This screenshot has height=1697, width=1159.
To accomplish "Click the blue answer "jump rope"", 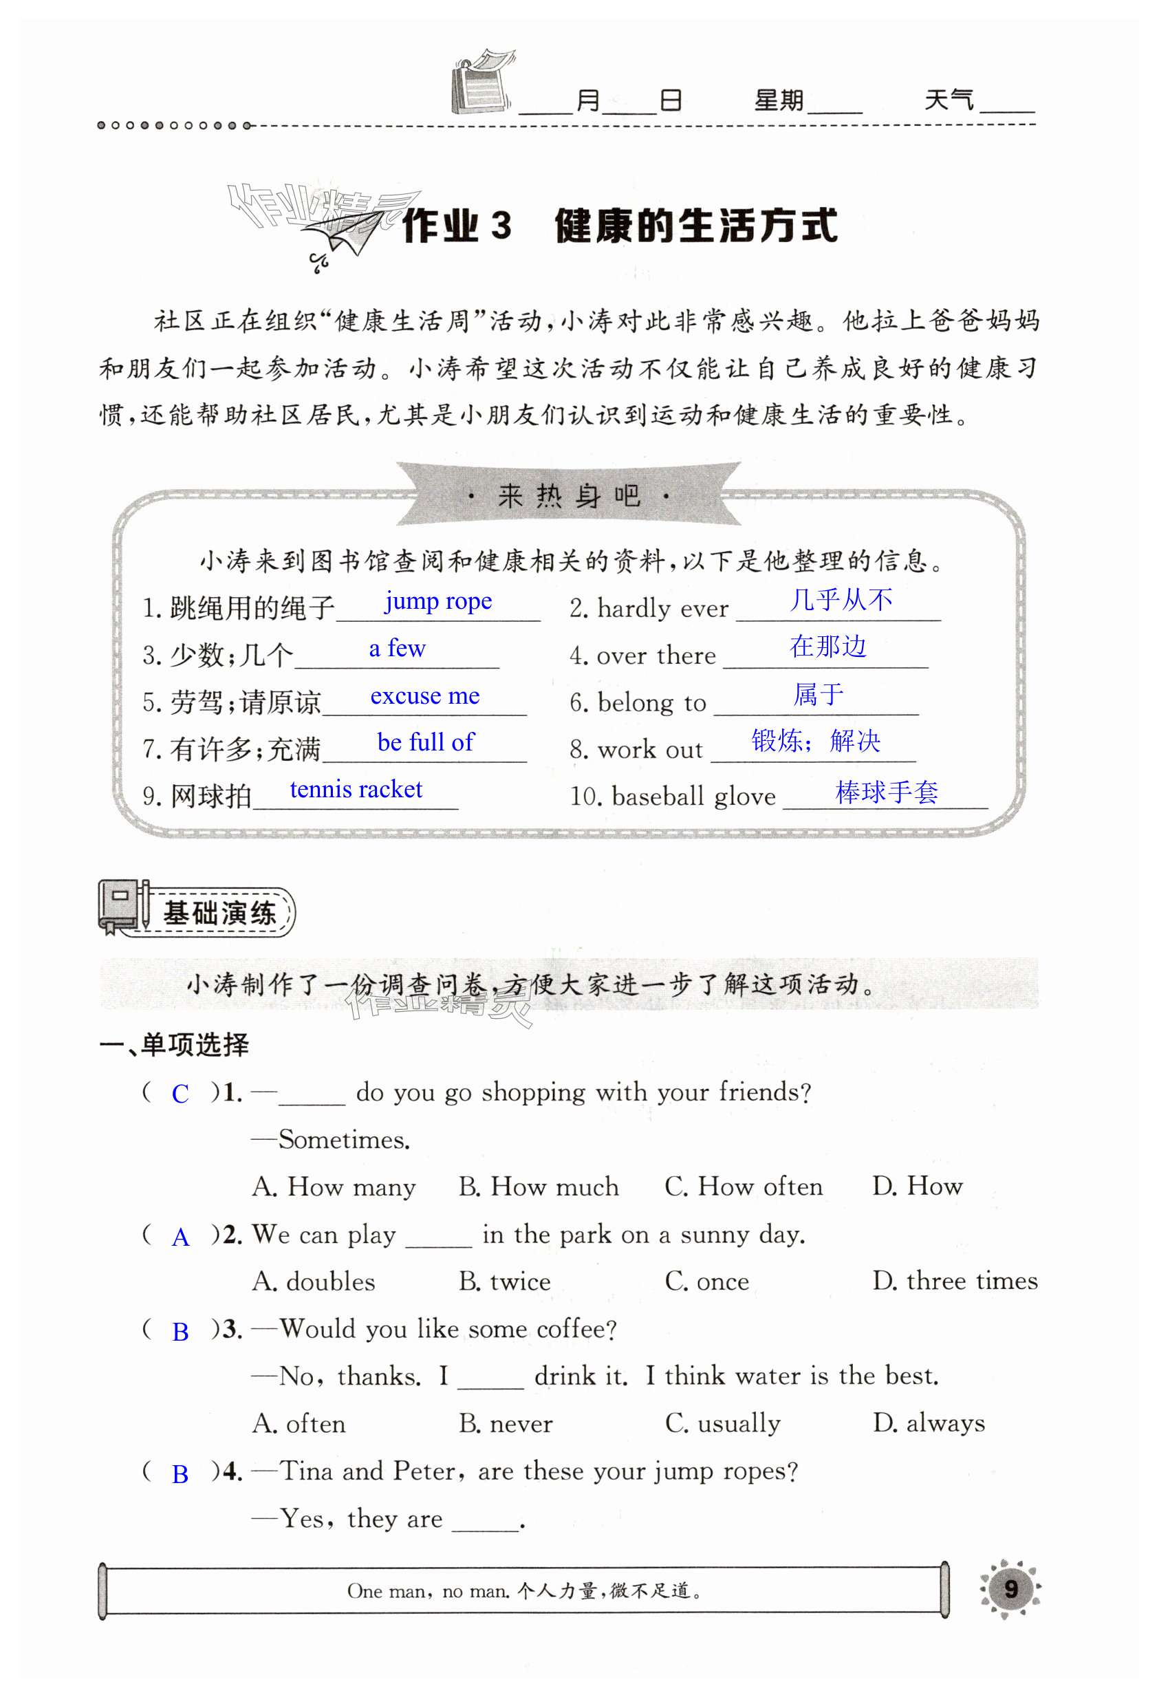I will [438, 601].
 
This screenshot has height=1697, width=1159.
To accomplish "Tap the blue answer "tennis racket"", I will [356, 790].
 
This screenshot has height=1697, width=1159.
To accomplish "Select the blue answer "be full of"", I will [425, 742].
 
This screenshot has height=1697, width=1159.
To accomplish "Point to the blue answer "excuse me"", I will [424, 695].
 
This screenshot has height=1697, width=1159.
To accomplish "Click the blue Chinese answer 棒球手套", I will [886, 792].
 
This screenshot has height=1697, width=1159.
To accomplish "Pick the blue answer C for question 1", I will [180, 1094].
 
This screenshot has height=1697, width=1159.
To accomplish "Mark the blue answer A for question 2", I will [180, 1237].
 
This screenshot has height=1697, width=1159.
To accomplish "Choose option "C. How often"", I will [743, 1187].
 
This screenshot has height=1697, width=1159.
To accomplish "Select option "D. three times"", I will [955, 1281].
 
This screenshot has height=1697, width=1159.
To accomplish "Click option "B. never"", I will [506, 1423].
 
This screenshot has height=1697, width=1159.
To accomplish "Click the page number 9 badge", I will [1010, 1589].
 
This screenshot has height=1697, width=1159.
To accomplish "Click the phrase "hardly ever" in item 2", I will [662, 608].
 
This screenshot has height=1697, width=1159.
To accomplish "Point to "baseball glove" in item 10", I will [693, 796].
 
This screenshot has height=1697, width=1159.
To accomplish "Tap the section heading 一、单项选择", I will [174, 1045].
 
